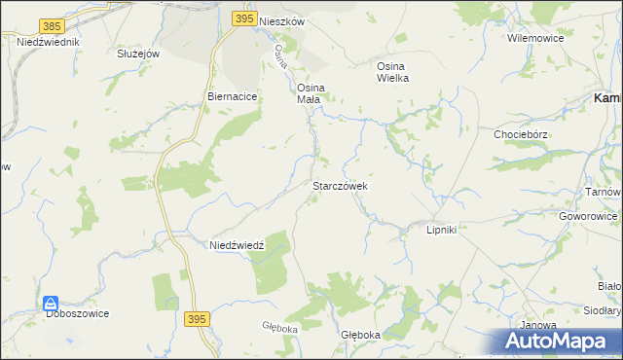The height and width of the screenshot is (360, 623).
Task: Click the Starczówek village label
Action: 339,185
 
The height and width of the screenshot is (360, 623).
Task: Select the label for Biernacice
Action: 232,97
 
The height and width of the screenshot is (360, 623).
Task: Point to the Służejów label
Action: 138,54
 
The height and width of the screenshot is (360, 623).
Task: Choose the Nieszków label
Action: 283,18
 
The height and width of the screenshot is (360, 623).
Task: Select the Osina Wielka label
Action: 392,71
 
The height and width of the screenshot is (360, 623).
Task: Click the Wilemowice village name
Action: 533,38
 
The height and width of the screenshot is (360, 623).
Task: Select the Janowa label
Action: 538,325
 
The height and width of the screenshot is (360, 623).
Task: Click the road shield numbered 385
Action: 38,26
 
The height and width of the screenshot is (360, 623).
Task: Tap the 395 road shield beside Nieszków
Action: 244,18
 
